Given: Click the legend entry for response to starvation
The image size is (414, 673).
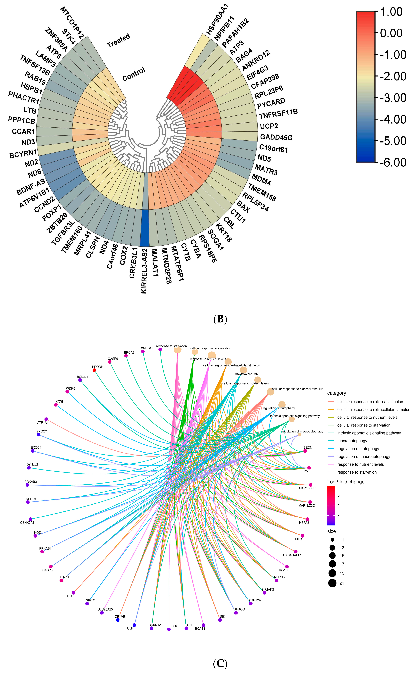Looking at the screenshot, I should click(357, 472).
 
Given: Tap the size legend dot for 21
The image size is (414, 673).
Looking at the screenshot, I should click(332, 583).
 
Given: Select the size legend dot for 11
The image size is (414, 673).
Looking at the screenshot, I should click(332, 540).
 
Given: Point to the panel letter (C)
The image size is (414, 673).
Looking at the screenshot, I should click(220, 663).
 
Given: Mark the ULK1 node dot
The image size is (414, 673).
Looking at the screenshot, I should click(134, 625).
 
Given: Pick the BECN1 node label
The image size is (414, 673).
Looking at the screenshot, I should click(308, 448).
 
